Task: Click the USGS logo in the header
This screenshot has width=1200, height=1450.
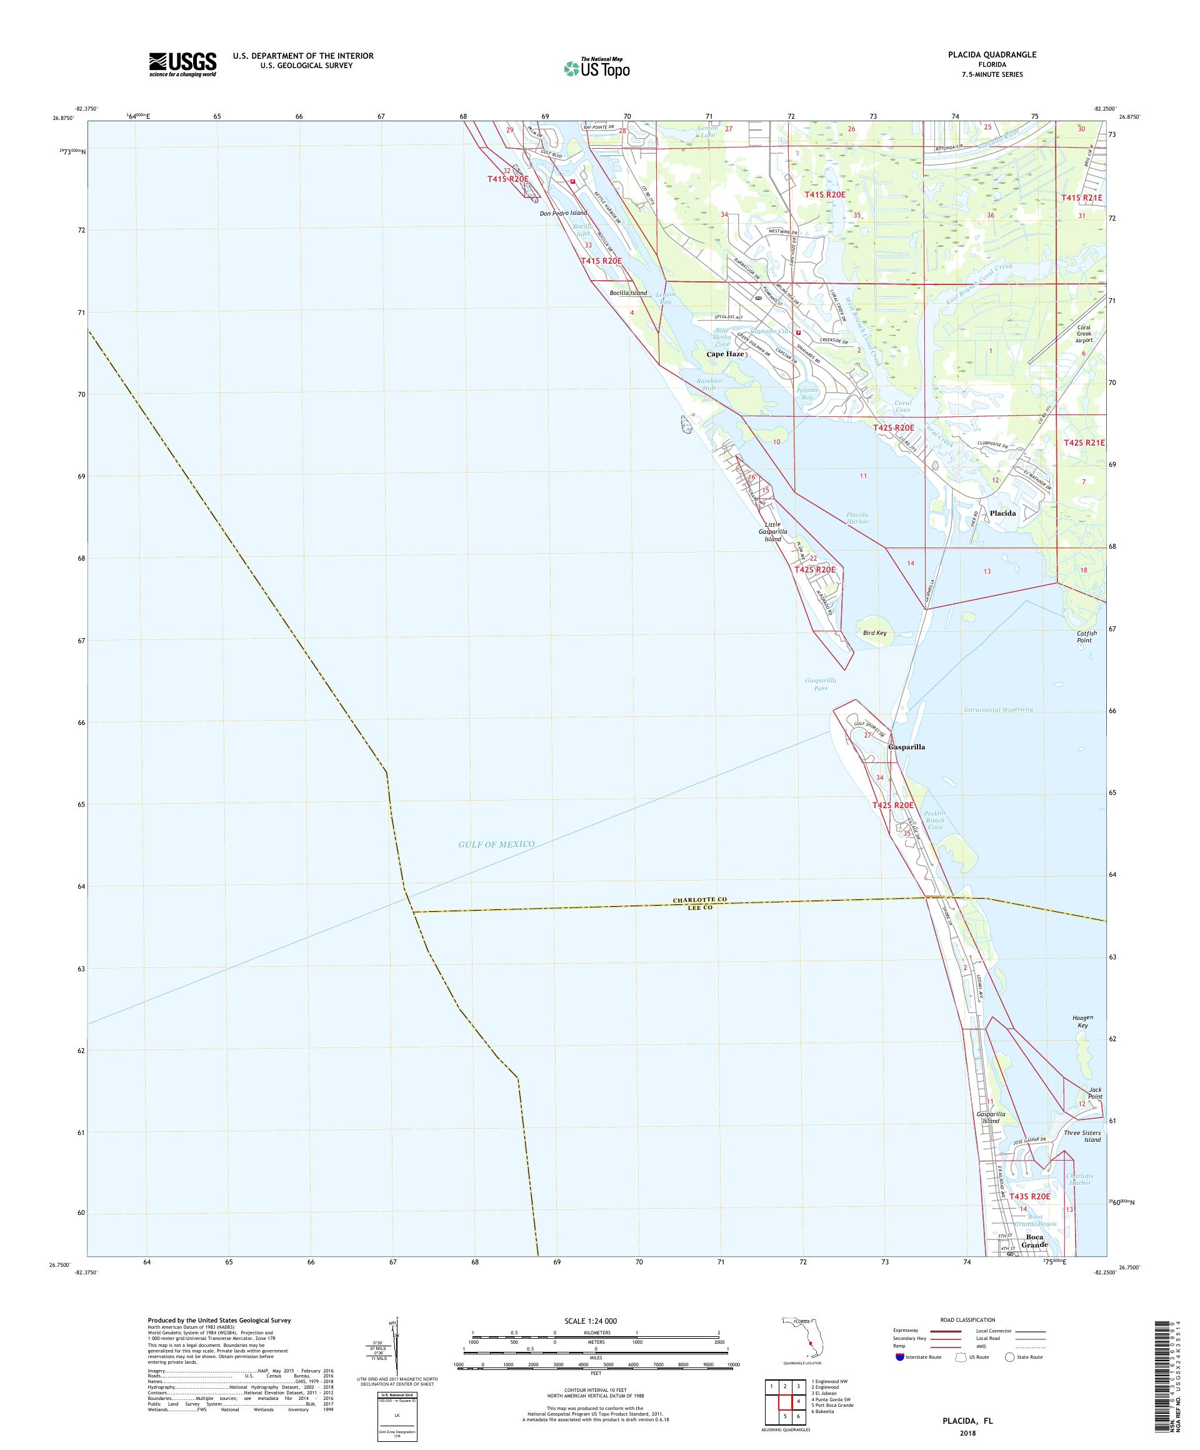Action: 182,64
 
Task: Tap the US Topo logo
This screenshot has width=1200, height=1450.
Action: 597,67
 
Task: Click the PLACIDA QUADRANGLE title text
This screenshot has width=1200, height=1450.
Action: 994,54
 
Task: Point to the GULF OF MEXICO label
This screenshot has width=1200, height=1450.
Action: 496,844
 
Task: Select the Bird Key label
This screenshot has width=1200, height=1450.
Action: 875,632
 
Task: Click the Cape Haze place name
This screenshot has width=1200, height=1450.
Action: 725,354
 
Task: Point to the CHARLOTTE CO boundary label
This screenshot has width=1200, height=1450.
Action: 700,901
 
